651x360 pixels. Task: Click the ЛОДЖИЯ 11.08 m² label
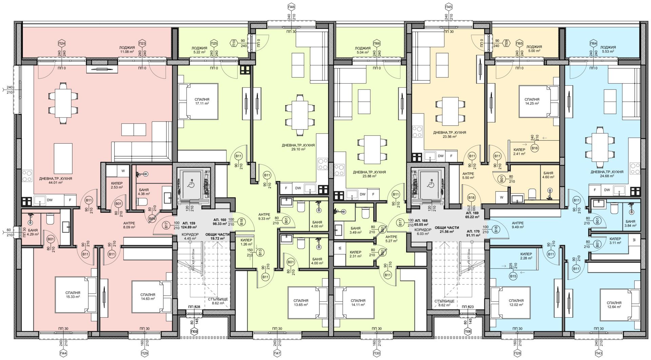(x=127, y=50)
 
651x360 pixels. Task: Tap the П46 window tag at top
(x=291, y=7)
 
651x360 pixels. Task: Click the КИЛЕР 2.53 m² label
(x=117, y=185)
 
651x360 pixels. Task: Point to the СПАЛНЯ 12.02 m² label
(x=516, y=303)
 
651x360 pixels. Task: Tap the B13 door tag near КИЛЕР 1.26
(x=260, y=252)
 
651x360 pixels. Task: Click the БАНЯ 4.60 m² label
(x=548, y=175)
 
